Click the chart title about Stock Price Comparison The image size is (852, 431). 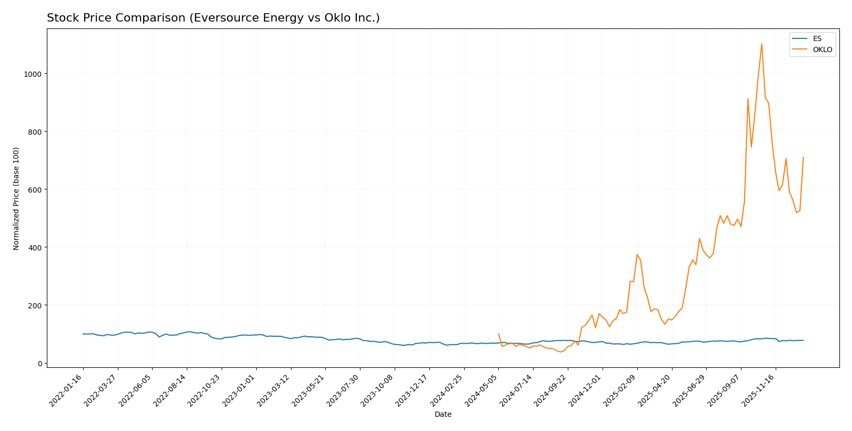213,18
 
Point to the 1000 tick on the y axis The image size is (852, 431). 33,74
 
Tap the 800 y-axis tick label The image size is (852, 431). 35,132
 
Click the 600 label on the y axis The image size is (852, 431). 35,189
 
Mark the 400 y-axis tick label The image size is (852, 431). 35,247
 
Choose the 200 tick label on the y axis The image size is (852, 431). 35,305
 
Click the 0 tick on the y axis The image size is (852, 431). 39,363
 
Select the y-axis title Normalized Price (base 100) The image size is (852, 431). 16,198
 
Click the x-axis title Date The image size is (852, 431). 443,414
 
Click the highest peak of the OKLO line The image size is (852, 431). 761,44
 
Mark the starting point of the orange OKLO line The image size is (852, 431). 498,334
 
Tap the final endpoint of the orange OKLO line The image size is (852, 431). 803,157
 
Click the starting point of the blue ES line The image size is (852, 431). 83,334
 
